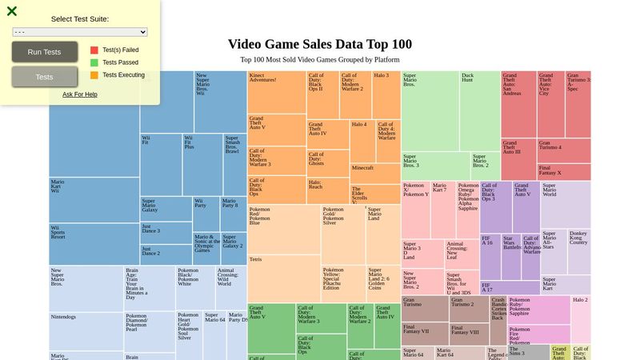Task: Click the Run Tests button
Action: coord(45,52)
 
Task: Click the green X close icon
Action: coord(12,11)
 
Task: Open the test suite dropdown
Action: coord(80,32)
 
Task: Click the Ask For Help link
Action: coord(80,94)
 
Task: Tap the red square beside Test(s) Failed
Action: coord(94,50)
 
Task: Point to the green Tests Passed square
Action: coord(94,62)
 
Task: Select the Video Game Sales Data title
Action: coord(320,45)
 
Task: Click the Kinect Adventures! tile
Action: coord(277,92)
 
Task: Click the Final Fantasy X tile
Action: coord(564,172)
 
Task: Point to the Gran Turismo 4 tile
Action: coord(564,150)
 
